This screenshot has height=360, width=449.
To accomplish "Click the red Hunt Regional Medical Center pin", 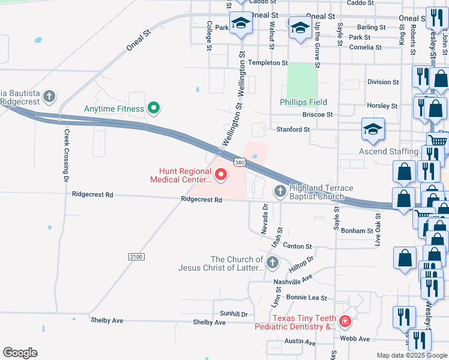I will [x=220, y=175].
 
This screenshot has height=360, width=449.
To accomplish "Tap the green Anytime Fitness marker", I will [x=154, y=109].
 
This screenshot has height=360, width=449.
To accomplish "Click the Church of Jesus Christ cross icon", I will [x=273, y=263].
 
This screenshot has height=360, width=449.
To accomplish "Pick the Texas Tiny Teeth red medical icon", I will [x=345, y=322].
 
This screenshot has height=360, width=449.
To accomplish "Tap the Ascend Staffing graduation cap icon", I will [x=373, y=129].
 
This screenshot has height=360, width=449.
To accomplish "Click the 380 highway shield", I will [x=240, y=162].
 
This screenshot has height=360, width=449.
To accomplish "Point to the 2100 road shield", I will [x=136, y=257].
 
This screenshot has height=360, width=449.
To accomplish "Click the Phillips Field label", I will [x=303, y=102].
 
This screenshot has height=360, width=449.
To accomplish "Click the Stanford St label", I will [x=293, y=129].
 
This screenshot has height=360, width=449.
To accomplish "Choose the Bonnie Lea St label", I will [x=306, y=298].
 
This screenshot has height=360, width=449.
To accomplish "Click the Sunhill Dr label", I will [x=234, y=314].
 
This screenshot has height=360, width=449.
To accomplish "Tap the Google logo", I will [x=20, y=353].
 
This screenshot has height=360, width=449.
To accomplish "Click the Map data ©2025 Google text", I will [x=412, y=355].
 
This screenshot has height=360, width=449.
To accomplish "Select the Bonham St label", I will [x=357, y=230].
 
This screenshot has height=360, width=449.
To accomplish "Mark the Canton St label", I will [x=297, y=246].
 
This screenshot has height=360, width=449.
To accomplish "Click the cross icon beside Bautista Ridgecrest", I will [x=49, y=96].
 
